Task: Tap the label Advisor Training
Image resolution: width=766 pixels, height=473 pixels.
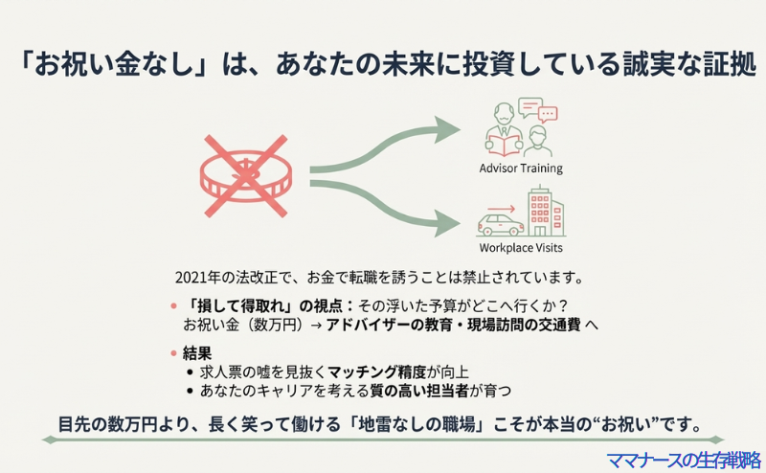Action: [x=521, y=169]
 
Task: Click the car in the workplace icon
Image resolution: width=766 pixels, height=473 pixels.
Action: [x=501, y=226]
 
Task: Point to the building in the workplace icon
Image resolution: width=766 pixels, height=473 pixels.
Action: [x=545, y=213]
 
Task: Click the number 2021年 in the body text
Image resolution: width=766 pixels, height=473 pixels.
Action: [x=198, y=279]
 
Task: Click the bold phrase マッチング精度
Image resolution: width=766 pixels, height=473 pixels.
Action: [x=369, y=372]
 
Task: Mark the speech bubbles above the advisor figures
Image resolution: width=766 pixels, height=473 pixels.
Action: [x=536, y=108]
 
